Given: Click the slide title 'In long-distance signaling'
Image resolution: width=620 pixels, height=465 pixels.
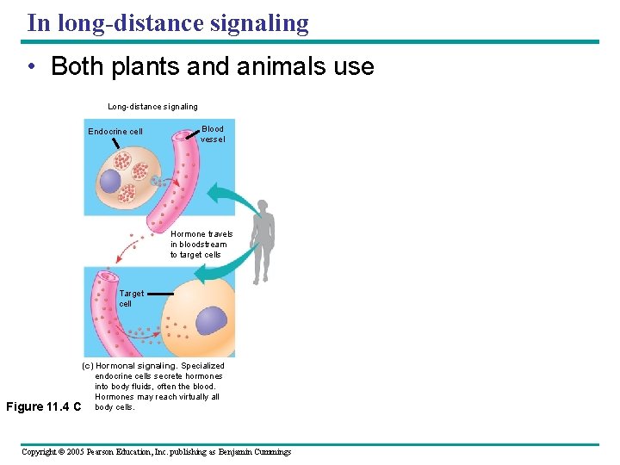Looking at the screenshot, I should pyautogui.click(x=167, y=22).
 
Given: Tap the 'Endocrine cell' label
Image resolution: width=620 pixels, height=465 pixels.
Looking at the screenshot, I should pyautogui.click(x=115, y=132).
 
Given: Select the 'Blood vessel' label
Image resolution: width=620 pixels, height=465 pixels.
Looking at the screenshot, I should pyautogui.click(x=213, y=134).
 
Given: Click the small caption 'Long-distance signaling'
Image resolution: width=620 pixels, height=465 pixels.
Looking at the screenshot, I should pyautogui.click(x=152, y=107).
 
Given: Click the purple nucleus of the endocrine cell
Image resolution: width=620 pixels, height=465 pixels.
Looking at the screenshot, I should pyautogui.click(x=110, y=181).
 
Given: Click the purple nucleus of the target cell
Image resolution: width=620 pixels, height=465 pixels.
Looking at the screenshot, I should pyautogui.click(x=212, y=320).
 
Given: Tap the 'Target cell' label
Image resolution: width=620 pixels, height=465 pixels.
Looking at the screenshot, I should pyautogui.click(x=131, y=298).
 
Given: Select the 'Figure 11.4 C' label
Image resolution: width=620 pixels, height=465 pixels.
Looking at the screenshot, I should pyautogui.click(x=42, y=406).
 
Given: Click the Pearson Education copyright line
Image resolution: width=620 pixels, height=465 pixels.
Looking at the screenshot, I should pyautogui.click(x=156, y=451).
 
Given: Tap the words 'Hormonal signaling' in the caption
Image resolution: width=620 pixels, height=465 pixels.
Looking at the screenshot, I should pyautogui.click(x=137, y=366).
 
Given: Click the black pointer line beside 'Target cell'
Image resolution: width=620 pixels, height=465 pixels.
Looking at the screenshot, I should pyautogui.click(x=160, y=294).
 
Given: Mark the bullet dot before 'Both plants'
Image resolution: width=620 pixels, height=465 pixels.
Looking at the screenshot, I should pyautogui.click(x=30, y=67).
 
